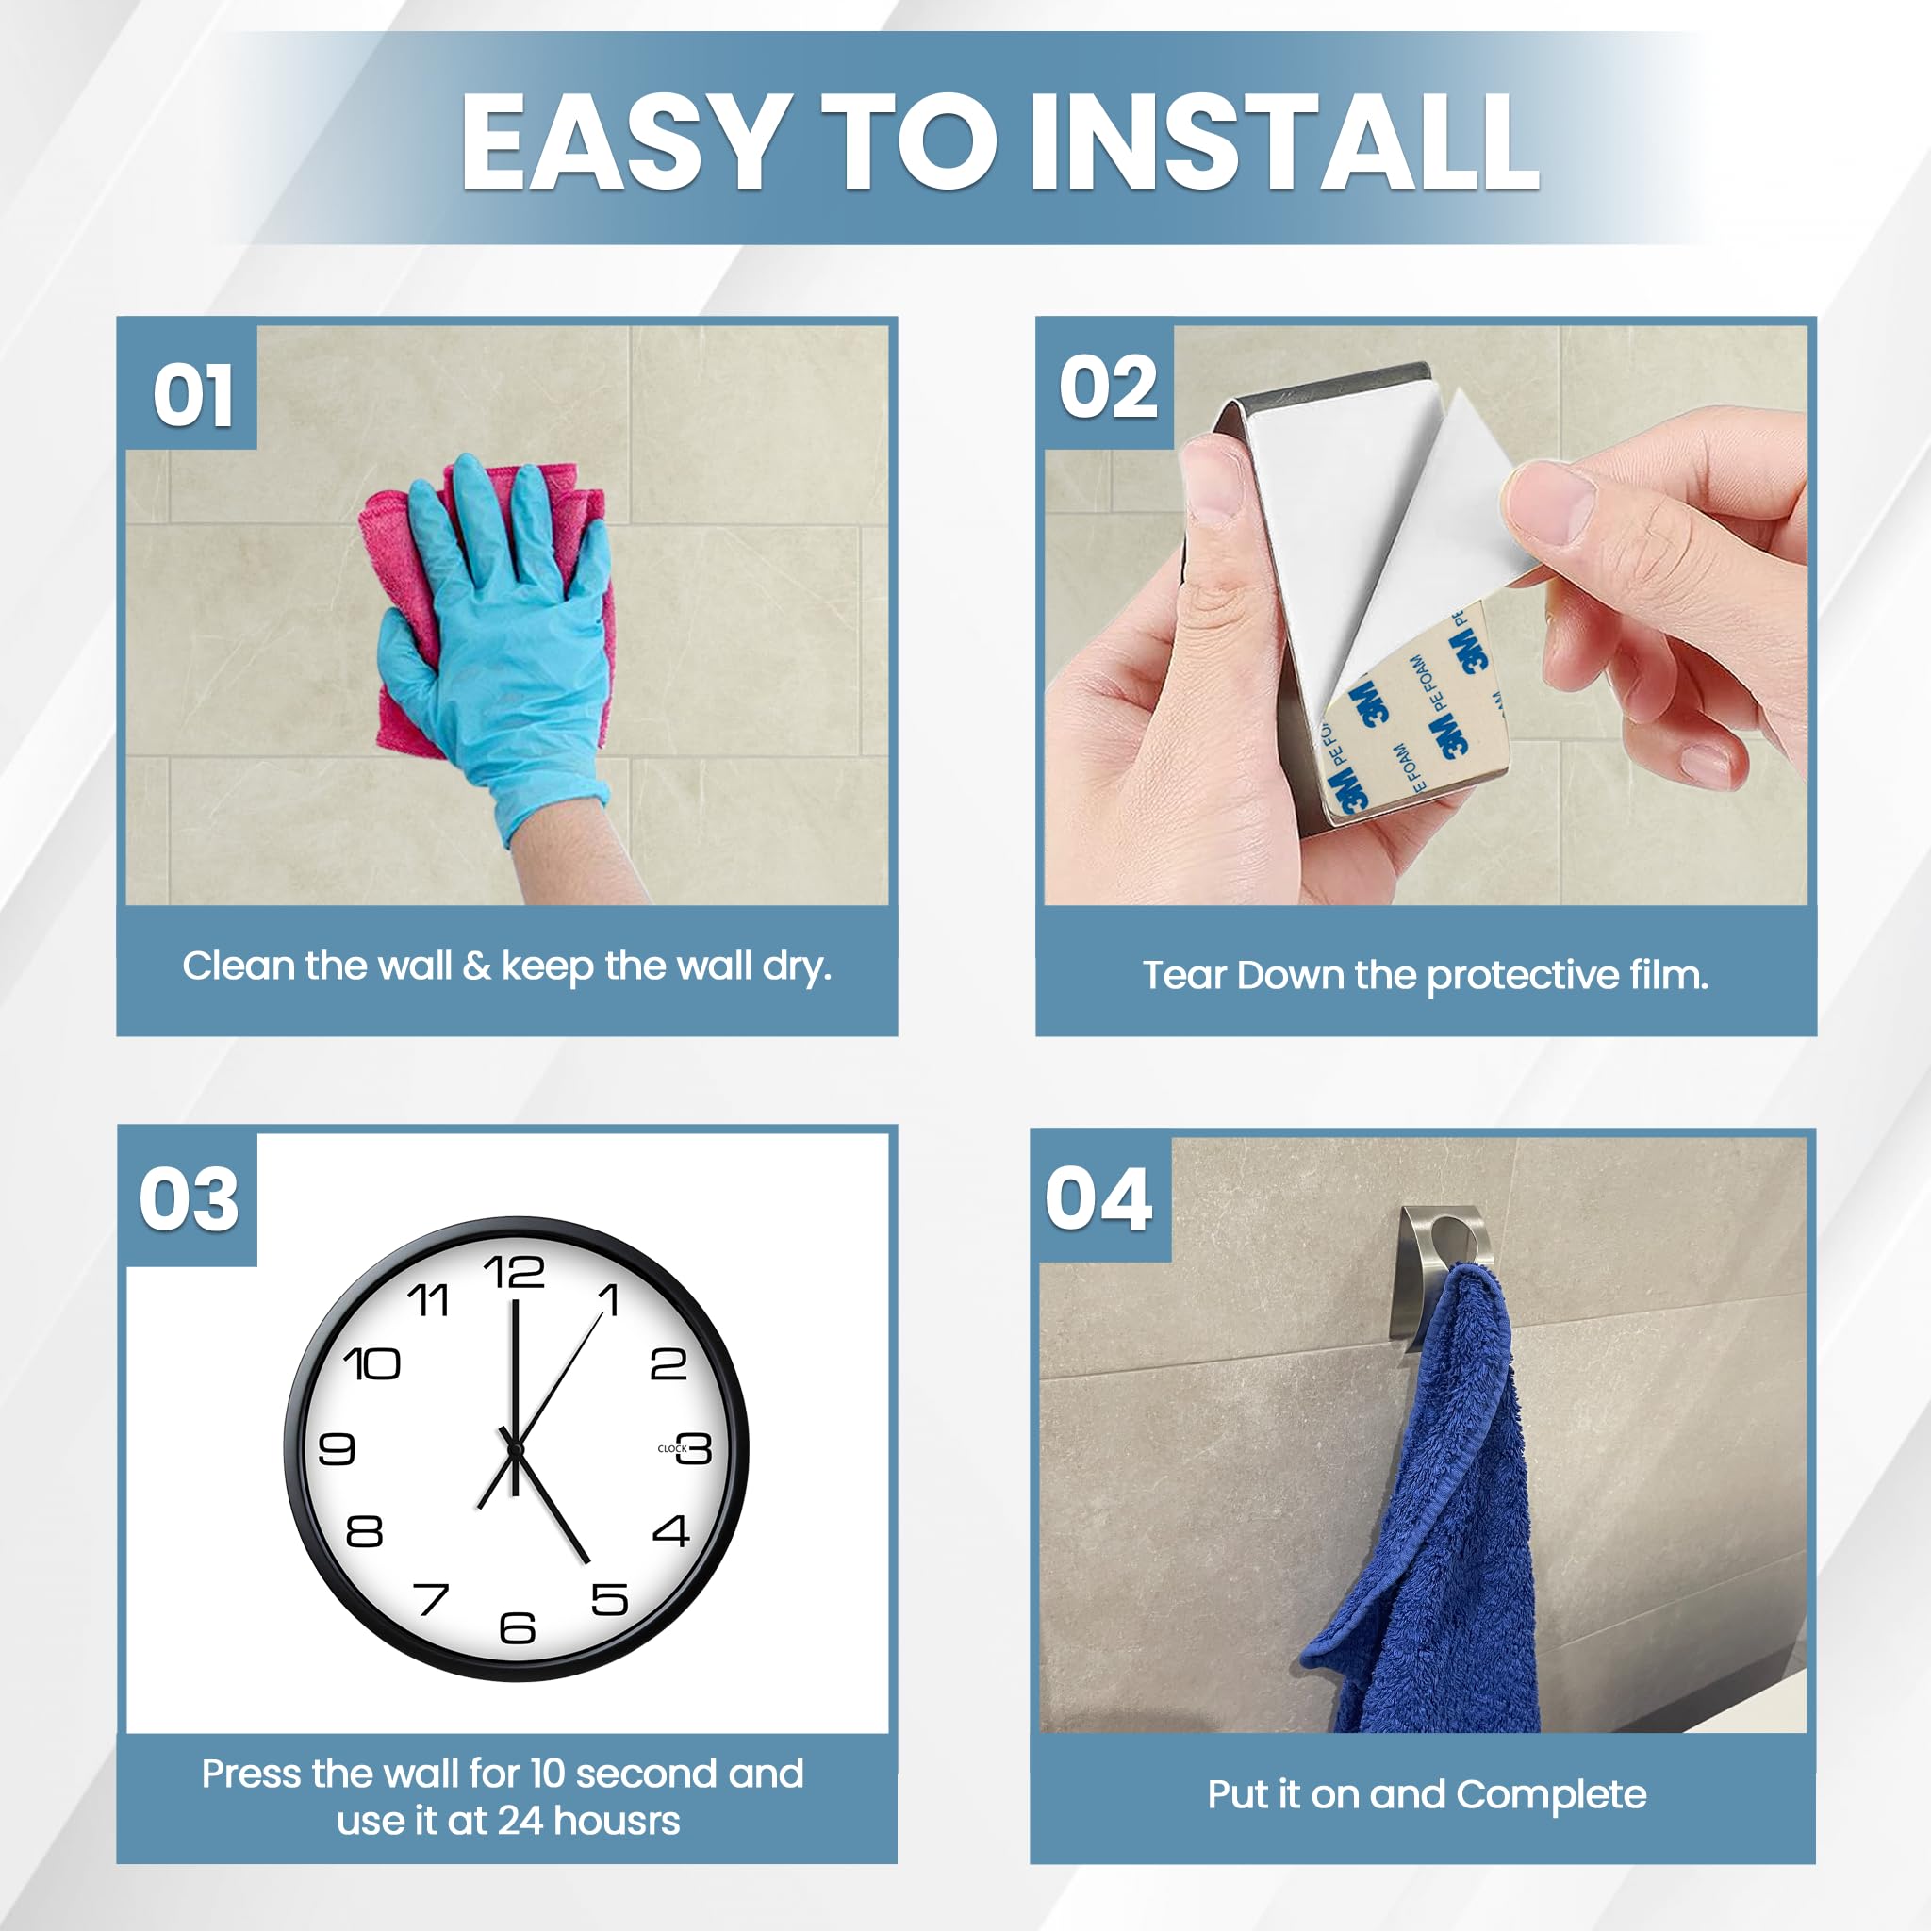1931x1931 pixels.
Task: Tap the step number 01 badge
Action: click(192, 394)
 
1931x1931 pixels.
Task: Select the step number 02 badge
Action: click(1109, 387)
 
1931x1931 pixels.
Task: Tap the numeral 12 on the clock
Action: click(514, 1272)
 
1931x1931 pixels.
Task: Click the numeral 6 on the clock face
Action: click(518, 1628)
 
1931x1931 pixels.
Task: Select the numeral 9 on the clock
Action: click(337, 1448)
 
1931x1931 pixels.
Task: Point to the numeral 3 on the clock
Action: click(695, 1448)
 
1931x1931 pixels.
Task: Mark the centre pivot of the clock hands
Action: click(516, 1448)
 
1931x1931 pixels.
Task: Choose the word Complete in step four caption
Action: click(1551, 1795)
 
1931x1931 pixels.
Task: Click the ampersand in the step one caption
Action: click(477, 966)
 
